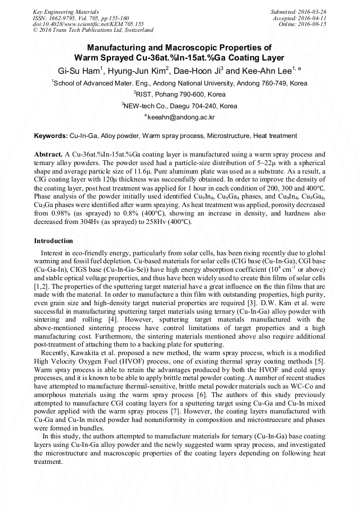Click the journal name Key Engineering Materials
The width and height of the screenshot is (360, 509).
(66, 11)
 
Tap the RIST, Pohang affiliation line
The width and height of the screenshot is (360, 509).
(181, 94)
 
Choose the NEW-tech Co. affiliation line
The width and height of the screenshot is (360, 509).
(181, 106)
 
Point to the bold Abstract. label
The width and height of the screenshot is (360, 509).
(49, 153)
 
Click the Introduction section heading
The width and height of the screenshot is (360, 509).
(54, 241)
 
